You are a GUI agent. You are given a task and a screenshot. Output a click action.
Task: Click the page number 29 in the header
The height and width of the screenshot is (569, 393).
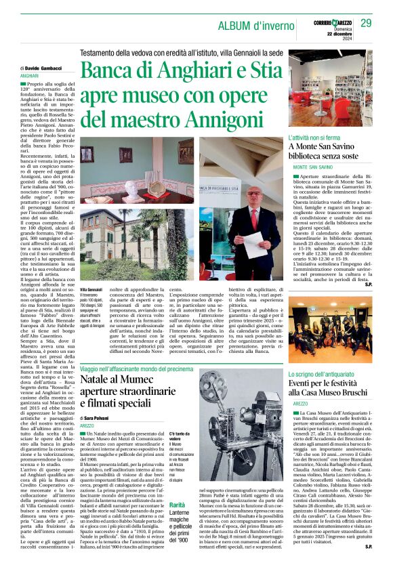click(x=366, y=24)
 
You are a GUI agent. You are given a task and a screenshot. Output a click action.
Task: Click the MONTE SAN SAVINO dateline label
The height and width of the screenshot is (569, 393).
click(x=314, y=167)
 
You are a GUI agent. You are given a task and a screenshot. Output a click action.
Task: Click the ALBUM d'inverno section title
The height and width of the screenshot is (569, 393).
click(x=253, y=26)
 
